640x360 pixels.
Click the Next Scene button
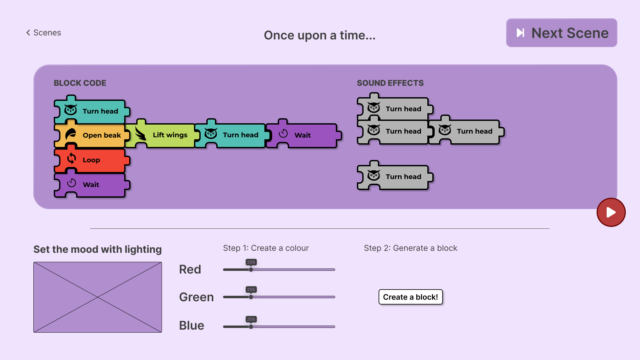pos(561,33)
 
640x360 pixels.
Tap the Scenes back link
pos(44,33)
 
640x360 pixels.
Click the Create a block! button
pos(410,297)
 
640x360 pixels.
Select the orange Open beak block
pos(92,135)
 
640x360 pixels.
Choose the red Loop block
pos(92,160)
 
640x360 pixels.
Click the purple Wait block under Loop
pos(92,184)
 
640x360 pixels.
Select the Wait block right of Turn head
pos(303,135)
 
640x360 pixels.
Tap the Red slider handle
pos(251,269)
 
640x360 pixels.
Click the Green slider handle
pos(251,297)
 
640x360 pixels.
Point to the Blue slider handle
pos(251,327)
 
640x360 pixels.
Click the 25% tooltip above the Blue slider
pos(251,319)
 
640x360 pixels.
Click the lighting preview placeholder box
pos(97,297)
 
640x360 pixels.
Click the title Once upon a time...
pos(319,35)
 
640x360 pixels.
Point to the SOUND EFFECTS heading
pos(390,83)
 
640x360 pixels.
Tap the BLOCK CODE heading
pos(80,83)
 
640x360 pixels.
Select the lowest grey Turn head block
pos(395,176)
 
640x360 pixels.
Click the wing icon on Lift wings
pos(141,135)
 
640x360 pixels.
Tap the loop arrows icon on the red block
pos(71,158)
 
